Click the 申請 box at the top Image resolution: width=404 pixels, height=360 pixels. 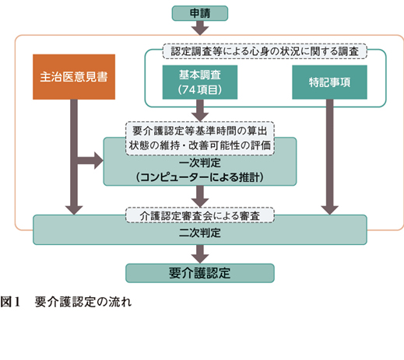(200, 13)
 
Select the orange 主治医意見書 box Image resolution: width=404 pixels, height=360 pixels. (74, 77)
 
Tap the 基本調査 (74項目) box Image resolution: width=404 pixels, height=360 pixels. (200, 82)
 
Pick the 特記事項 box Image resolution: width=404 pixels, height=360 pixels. (329, 82)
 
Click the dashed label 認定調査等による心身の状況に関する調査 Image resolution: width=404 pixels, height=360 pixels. (265, 51)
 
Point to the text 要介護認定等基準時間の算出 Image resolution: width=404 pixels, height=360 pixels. (200, 131)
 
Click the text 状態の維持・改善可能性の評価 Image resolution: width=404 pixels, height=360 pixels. (200, 145)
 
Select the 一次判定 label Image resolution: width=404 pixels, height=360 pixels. (200, 163)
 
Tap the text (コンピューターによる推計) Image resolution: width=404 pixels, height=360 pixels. (200, 177)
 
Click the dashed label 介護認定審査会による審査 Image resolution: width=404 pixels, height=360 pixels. (200, 215)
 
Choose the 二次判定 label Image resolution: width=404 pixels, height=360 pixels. (200, 232)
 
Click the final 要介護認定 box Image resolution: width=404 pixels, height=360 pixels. (200, 273)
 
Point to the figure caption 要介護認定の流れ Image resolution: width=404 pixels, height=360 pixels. (83, 302)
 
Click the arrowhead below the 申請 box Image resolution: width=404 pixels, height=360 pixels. (200, 30)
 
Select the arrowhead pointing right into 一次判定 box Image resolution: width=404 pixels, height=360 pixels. (99, 161)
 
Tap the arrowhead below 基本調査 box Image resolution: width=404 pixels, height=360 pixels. (200, 117)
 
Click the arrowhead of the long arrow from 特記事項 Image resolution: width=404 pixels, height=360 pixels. (329, 210)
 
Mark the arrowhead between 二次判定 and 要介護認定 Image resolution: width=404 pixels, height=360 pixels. (200, 259)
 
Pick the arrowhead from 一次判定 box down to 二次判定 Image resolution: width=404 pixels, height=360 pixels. (200, 203)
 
